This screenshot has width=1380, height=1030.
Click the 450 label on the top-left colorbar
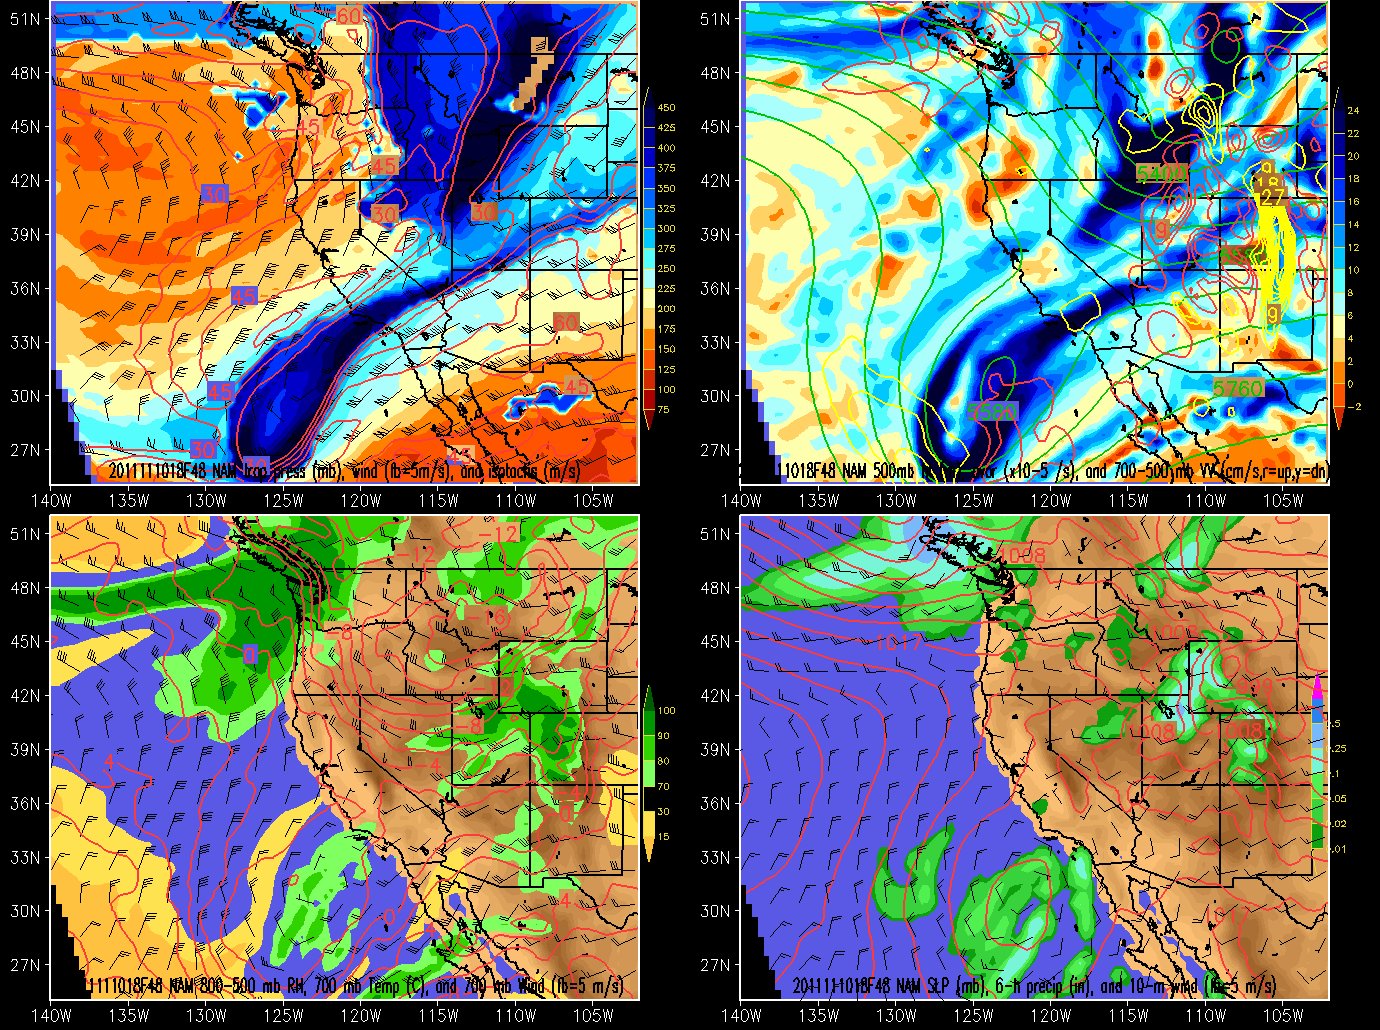click(666, 108)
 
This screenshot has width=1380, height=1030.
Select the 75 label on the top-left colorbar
click(664, 410)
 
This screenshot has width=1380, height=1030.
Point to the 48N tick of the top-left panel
click(25, 73)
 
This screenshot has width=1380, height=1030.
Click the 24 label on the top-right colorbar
click(1353, 111)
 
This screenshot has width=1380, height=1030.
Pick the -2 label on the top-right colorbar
click(1354, 407)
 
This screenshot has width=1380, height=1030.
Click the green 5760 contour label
click(1238, 388)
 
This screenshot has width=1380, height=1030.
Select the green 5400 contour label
click(1161, 174)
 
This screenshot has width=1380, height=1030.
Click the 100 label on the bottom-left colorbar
click(666, 711)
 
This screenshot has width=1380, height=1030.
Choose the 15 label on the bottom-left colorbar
click(664, 837)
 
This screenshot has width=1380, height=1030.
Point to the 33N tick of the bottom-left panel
click(25, 857)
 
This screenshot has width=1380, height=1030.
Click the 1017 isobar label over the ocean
click(898, 642)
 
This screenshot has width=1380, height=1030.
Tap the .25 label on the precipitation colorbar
click(1338, 749)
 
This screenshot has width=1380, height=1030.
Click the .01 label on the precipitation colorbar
click(1338, 849)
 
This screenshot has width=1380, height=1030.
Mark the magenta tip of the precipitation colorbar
click(1317, 686)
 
